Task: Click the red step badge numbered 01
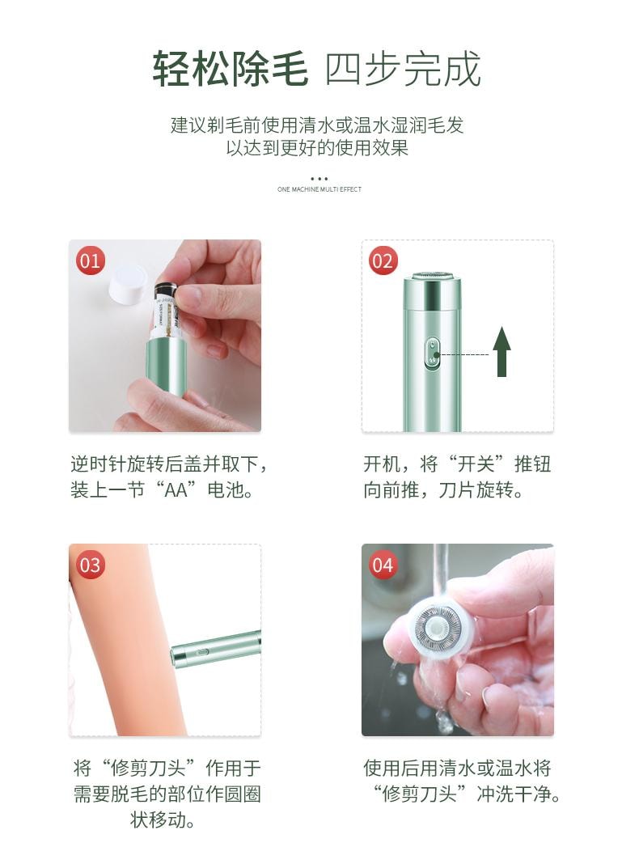[90, 260]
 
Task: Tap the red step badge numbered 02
[382, 260]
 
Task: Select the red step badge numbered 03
[90, 564]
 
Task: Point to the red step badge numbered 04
[382, 564]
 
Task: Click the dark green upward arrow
[501, 351]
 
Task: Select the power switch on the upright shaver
[431, 354]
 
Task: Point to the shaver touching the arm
[215, 650]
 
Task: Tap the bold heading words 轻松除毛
[231, 70]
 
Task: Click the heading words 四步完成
[403, 70]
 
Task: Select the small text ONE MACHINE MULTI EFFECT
[319, 189]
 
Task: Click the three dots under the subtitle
[319, 179]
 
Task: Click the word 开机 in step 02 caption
[383, 464]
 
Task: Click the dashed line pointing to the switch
[465, 354]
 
